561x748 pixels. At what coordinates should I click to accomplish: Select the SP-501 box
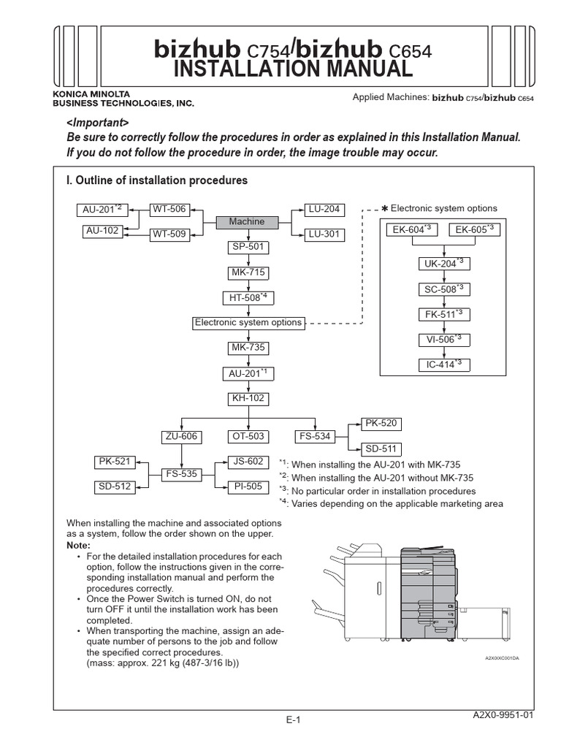tap(248, 247)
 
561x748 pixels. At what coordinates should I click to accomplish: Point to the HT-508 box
tap(248, 297)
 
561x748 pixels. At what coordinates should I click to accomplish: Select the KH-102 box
tap(248, 399)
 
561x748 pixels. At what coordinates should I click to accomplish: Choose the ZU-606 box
tap(181, 437)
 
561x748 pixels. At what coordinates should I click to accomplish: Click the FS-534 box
tap(315, 437)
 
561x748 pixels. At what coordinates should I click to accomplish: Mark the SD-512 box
tap(115, 486)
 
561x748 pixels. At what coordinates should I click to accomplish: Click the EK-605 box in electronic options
tap(474, 230)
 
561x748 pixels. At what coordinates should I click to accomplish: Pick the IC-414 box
tap(443, 364)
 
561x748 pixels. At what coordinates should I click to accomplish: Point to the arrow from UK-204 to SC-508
tap(443, 276)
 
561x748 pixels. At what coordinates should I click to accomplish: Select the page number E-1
tap(294, 720)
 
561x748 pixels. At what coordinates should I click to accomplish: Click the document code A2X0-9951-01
tap(504, 715)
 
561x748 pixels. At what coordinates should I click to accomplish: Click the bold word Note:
tap(78, 546)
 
